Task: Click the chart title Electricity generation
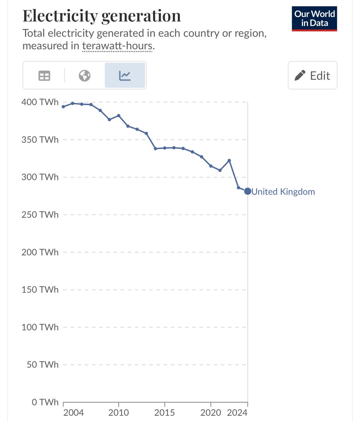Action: pos(102,16)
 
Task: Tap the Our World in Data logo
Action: pos(314,19)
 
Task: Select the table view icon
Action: pos(44,76)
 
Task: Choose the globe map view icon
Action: pos(85,76)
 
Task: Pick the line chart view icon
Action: pos(125,76)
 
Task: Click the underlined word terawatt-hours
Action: pos(117,46)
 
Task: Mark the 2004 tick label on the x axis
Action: pos(74,413)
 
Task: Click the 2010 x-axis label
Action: pos(118,413)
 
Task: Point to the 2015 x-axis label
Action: pos(165,413)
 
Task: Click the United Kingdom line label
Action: pos(283,192)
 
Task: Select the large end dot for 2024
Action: pos(247,191)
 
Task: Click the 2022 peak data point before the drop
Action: pos(229,160)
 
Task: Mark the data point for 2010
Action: pos(118,115)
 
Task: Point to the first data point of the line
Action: pos(63,107)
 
